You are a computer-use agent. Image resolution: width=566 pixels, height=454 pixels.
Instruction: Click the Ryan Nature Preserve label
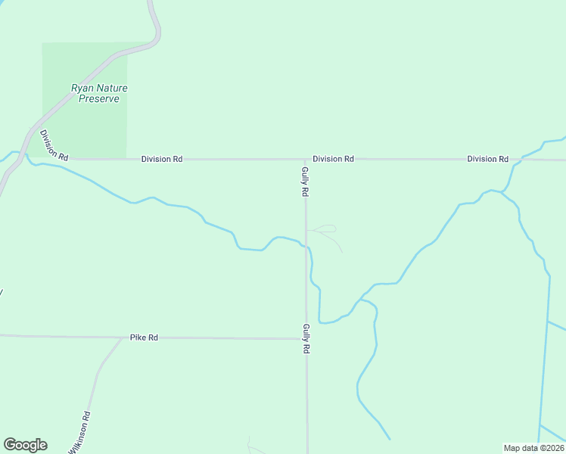tap(99, 93)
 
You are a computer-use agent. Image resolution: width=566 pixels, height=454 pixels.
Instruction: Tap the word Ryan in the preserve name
tap(82, 88)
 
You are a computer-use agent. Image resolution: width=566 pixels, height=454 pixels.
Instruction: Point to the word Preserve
tap(99, 98)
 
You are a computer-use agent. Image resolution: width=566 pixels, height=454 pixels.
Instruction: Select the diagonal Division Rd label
tap(54, 145)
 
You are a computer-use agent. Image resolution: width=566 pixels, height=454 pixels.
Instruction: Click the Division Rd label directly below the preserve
tap(161, 159)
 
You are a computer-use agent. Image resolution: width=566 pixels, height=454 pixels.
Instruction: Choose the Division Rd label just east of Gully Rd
tap(333, 159)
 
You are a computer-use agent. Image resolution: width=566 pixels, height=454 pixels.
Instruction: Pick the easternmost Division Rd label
tap(487, 159)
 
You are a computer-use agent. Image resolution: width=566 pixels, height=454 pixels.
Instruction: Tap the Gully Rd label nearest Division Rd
tap(305, 182)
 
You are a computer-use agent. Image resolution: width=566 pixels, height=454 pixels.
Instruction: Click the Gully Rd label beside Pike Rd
tap(306, 339)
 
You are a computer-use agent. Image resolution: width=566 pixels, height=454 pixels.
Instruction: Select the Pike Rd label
tap(144, 337)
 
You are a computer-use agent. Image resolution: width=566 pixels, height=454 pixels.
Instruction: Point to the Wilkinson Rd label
tap(80, 432)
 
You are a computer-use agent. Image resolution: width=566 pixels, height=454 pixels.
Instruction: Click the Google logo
tap(25, 445)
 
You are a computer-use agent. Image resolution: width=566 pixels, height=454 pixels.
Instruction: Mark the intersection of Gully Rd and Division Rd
tap(306, 160)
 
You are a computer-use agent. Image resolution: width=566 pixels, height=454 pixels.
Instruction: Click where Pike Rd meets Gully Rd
tap(306, 338)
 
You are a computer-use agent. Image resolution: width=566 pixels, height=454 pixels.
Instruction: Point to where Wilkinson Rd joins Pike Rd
tap(121, 337)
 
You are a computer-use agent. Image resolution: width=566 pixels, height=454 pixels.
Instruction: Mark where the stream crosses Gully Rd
tap(306, 246)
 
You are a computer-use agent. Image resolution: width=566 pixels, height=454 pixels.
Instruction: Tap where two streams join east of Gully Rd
tap(360, 300)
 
